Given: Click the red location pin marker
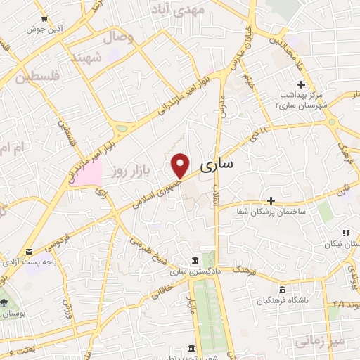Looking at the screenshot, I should pyautogui.click(x=181, y=165).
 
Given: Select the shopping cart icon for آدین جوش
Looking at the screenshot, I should pyautogui.click(x=45, y=18).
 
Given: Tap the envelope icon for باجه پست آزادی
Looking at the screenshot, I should pyautogui.click(x=30, y=251).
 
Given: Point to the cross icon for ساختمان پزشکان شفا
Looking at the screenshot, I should pyautogui.click(x=271, y=200).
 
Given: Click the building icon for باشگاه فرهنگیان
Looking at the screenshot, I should pyautogui.click(x=282, y=290).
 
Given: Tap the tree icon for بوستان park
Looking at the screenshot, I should pyautogui.click(x=5, y=302).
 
